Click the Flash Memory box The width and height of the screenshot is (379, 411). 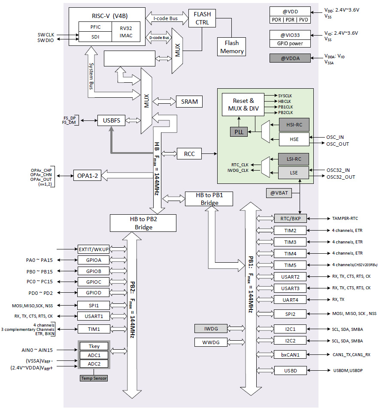pyautogui.click(x=232, y=47)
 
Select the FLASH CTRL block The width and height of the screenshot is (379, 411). pyautogui.click(x=203, y=18)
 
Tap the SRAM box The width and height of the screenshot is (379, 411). pyautogui.click(x=189, y=102)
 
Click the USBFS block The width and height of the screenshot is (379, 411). pyautogui.click(x=111, y=120)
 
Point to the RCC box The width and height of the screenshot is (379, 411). pyautogui.click(x=189, y=153)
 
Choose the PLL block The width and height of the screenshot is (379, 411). pyautogui.click(x=239, y=132)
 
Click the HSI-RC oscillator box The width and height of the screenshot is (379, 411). pyautogui.click(x=294, y=125)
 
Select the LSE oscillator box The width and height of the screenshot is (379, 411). pyautogui.click(x=294, y=173)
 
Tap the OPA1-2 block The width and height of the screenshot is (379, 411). pyautogui.click(x=88, y=176)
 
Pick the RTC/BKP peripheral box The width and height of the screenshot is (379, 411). pyautogui.click(x=291, y=219)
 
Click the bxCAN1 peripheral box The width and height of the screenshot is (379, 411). pyautogui.click(x=291, y=354)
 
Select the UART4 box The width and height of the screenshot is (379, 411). pyautogui.click(x=291, y=300)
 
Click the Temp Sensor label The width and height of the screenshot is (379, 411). pyautogui.click(x=94, y=378)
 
